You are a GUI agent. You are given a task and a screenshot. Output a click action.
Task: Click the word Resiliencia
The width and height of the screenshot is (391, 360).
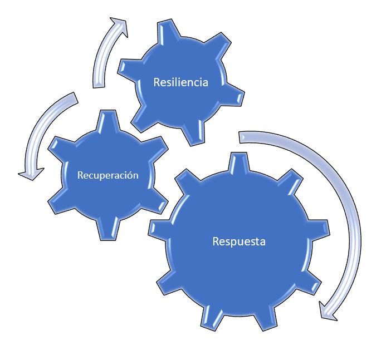click(181, 82)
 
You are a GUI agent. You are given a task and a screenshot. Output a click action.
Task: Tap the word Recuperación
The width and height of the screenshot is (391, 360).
click(107, 175)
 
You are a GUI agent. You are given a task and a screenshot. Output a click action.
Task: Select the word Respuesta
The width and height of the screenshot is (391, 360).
click(239, 241)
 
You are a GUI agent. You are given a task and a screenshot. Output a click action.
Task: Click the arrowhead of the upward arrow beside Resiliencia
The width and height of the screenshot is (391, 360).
click(120, 26)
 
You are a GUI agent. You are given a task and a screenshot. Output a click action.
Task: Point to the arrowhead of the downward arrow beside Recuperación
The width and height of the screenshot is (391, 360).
click(31, 174)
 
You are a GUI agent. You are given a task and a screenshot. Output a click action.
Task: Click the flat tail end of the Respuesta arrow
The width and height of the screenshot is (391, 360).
click(240, 137)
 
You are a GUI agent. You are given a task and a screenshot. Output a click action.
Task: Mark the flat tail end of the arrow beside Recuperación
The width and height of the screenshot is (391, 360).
click(75, 97)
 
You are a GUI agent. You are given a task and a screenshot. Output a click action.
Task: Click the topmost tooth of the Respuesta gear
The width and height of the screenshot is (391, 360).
click(239, 162)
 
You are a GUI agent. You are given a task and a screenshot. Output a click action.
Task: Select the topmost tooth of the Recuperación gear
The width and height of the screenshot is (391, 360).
click(107, 120)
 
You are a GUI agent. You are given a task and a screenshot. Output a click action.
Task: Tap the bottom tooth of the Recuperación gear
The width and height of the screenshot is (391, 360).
click(107, 230)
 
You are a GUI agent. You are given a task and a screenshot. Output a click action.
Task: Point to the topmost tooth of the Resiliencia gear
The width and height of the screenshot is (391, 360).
click(168, 32)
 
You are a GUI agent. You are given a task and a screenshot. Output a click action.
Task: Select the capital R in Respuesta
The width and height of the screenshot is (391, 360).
click(216, 241)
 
